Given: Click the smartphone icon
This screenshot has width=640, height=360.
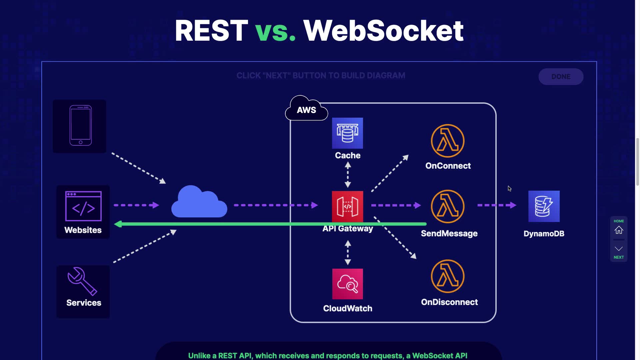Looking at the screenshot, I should pos(80,125).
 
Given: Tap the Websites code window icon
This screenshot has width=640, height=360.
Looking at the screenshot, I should pos(83,206).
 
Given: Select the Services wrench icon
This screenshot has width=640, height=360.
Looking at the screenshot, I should pos(82,281).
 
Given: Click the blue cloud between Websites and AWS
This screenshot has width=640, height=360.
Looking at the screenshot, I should pos(199,202).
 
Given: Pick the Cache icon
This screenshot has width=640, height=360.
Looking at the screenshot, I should pos(347,133).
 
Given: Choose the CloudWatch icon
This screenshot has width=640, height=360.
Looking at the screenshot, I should pos(347,284).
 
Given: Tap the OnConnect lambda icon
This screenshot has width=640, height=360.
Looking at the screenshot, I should pos(447,141).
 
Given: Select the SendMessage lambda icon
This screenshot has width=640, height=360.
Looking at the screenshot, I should pos(447,206).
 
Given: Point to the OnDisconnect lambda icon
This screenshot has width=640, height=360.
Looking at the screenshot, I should pos(447,276).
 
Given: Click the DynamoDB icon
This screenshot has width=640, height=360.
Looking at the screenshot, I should pos(544,206).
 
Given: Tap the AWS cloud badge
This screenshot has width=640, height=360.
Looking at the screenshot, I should pos(306,109).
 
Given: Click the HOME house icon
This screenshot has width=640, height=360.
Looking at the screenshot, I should pos(619,230).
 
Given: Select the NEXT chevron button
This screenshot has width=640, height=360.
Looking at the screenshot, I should pos(619,249).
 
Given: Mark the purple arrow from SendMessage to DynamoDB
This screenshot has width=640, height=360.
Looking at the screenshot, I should pos(497,205).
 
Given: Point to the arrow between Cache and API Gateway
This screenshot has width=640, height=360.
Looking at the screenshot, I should pos(348,175).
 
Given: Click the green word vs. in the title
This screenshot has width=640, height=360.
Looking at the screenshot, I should pos(275,31).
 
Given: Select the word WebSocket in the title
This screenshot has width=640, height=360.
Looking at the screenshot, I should pos(383,31).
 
